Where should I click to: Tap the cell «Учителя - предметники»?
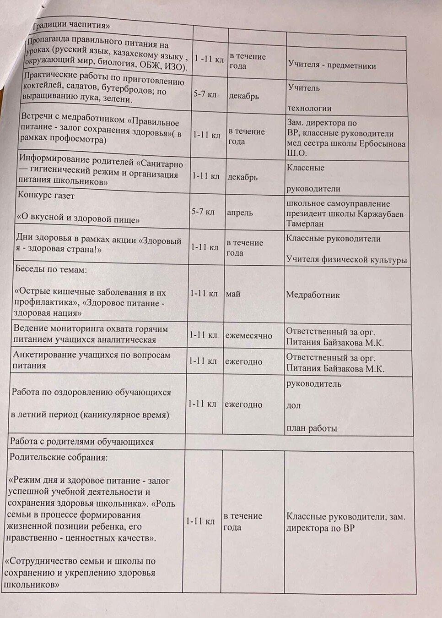point(332,66)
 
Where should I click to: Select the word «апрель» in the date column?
point(240,213)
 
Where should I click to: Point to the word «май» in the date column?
point(232,294)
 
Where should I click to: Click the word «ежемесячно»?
point(248,335)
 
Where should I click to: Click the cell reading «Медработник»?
point(313,295)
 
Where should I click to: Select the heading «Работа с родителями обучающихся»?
point(82,442)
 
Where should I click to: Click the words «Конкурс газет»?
point(46,195)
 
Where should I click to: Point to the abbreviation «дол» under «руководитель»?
point(293,405)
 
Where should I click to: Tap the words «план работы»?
point(312,428)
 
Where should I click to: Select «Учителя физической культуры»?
point(346,260)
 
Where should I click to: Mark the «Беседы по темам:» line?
point(51,269)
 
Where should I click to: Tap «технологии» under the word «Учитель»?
point(309,109)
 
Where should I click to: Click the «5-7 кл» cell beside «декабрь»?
point(205,95)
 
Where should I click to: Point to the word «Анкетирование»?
point(46,355)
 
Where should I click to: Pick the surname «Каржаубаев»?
point(374,214)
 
